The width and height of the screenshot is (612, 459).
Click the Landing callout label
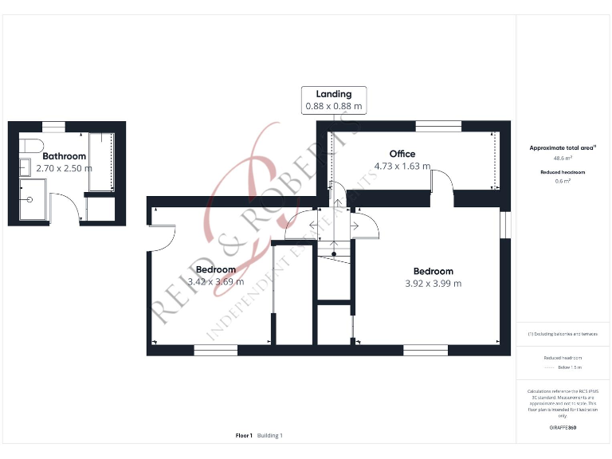pos(333,94)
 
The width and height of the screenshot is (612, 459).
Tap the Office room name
pos(402,154)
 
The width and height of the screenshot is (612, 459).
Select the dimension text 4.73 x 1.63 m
pos(402,167)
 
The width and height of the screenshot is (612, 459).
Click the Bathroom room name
pos(64,156)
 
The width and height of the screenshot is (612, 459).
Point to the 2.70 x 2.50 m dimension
pos(64,168)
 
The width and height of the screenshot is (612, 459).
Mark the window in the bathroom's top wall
pos(53,126)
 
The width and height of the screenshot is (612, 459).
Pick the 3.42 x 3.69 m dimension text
pos(211,282)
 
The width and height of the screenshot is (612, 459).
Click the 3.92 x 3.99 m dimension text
pos(433,284)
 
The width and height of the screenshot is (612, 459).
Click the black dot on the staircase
pos(334,254)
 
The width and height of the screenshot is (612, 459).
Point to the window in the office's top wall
pos(437,125)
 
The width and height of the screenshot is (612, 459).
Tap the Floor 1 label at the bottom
pos(244,436)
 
